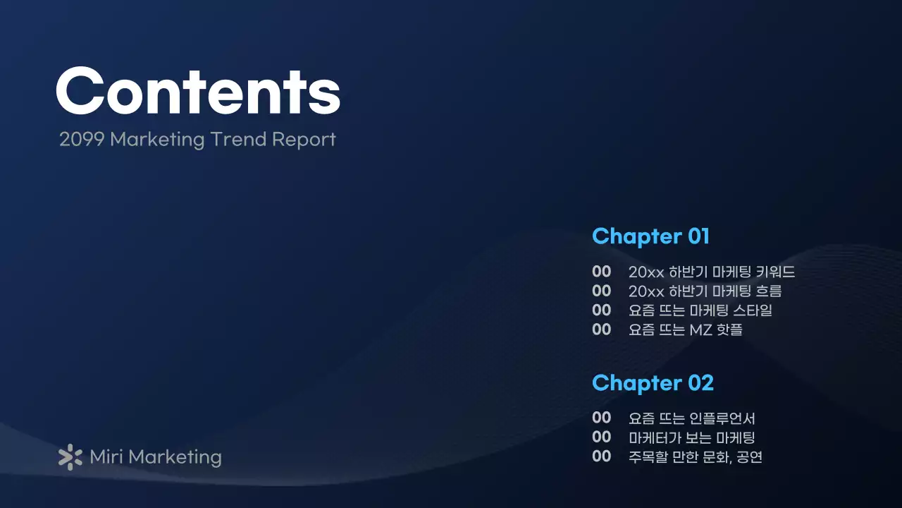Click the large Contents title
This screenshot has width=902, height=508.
pos(198,91)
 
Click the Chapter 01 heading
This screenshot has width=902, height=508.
pos(650,236)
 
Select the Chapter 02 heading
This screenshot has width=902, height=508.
pos(653,383)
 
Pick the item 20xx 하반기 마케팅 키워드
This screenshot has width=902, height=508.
pos(712,272)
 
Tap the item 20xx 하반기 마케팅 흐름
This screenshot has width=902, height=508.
pos(705,291)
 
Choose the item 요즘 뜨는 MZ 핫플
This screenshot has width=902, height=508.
pos(685,329)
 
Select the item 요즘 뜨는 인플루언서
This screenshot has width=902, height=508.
pos(692,418)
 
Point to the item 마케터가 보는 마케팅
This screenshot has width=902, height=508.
pos(692,437)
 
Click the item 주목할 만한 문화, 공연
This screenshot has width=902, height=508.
pos(695,456)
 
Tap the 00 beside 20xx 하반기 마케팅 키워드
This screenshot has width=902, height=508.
pos(601,272)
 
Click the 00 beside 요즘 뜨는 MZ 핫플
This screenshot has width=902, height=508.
pos(601,329)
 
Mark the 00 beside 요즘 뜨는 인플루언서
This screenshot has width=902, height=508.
pos(601,418)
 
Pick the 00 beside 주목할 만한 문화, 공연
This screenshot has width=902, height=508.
pos(601,456)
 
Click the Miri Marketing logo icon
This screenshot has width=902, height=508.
pos(70,457)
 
